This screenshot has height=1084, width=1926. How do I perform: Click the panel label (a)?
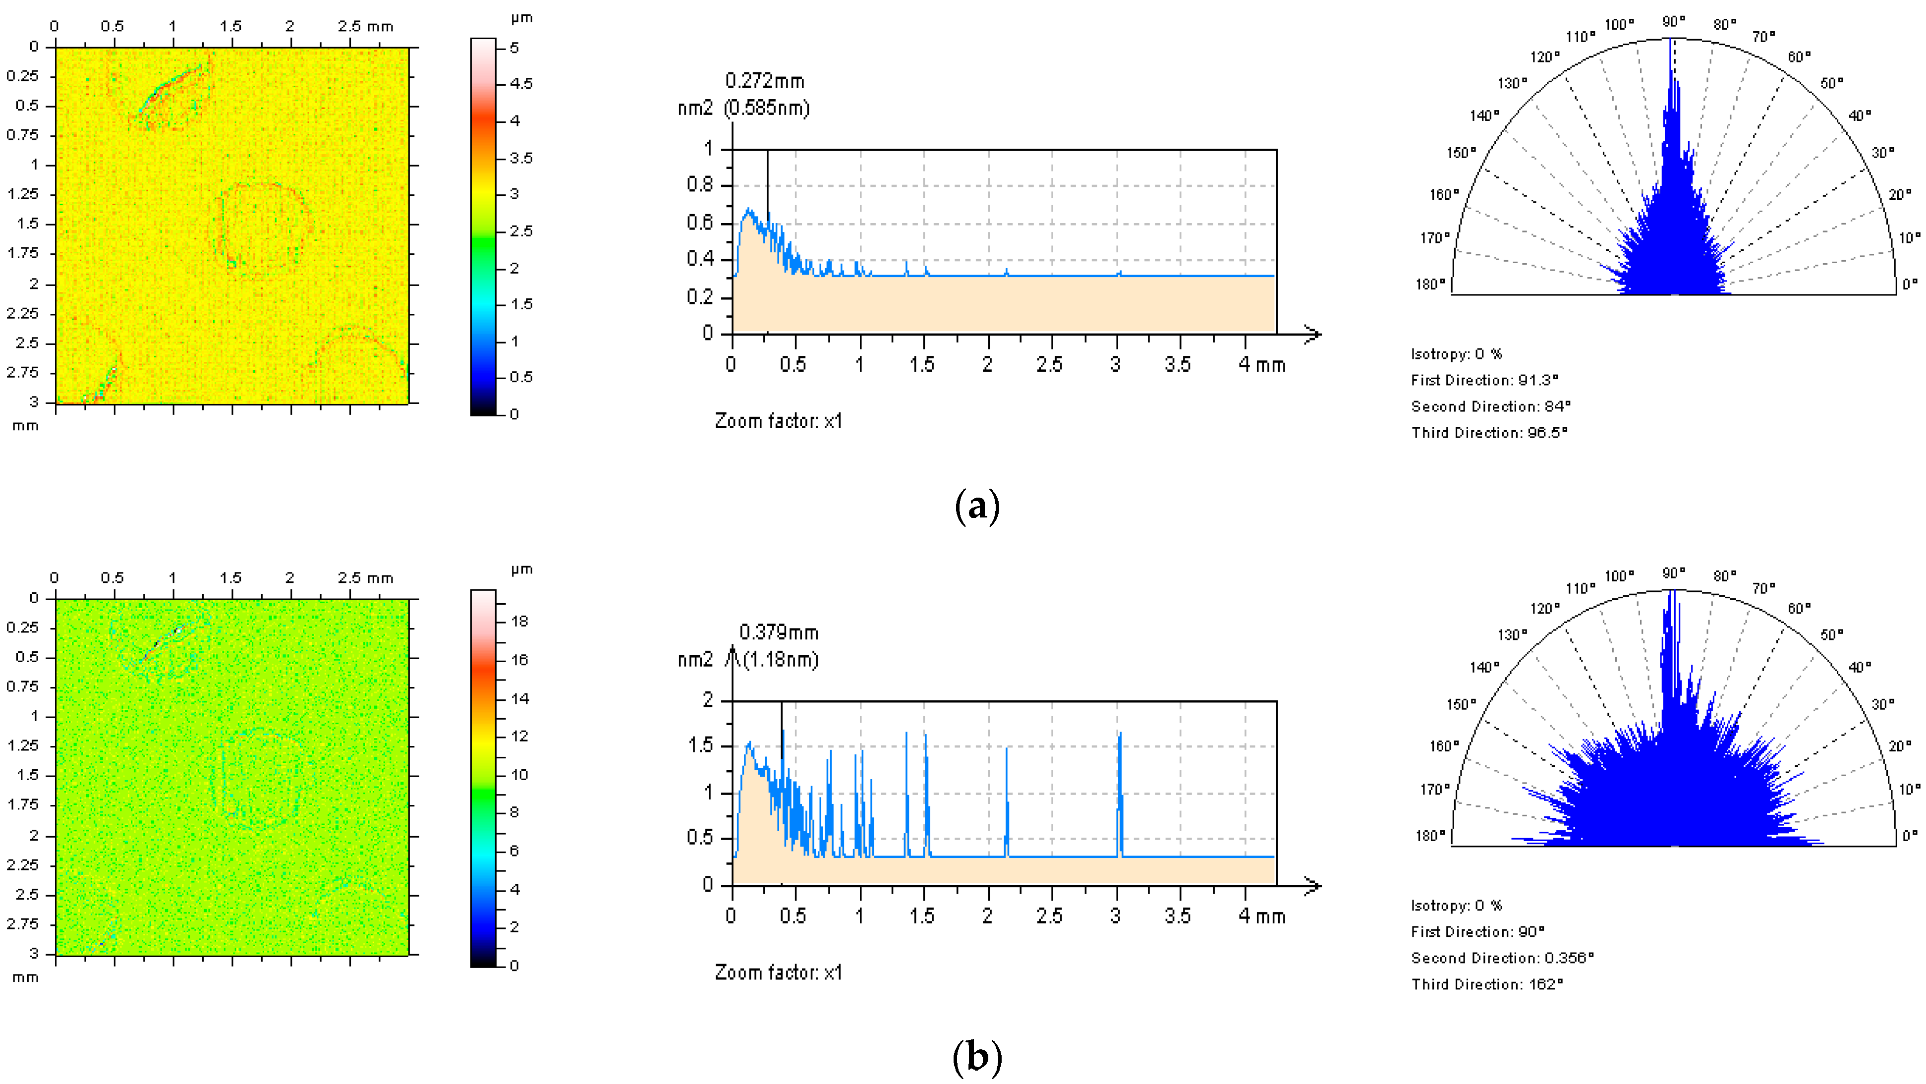[x=977, y=506]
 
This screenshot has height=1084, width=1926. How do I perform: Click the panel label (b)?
[x=977, y=1057]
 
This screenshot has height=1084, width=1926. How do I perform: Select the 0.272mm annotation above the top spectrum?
[x=764, y=81]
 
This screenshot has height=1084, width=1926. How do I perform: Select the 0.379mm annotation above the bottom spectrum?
[x=778, y=632]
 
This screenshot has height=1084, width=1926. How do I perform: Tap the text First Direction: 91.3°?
[x=1484, y=380]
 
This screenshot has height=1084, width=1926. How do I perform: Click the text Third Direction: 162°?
[x=1487, y=984]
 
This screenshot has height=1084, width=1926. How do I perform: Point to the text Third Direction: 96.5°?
[x=1489, y=432]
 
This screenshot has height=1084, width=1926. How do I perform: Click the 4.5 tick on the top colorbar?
[x=521, y=84]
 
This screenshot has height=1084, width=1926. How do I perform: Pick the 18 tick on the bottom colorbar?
[x=519, y=621]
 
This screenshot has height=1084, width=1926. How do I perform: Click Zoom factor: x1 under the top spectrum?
[x=778, y=421]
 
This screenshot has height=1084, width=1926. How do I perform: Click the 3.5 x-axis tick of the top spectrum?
[x=1178, y=365]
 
